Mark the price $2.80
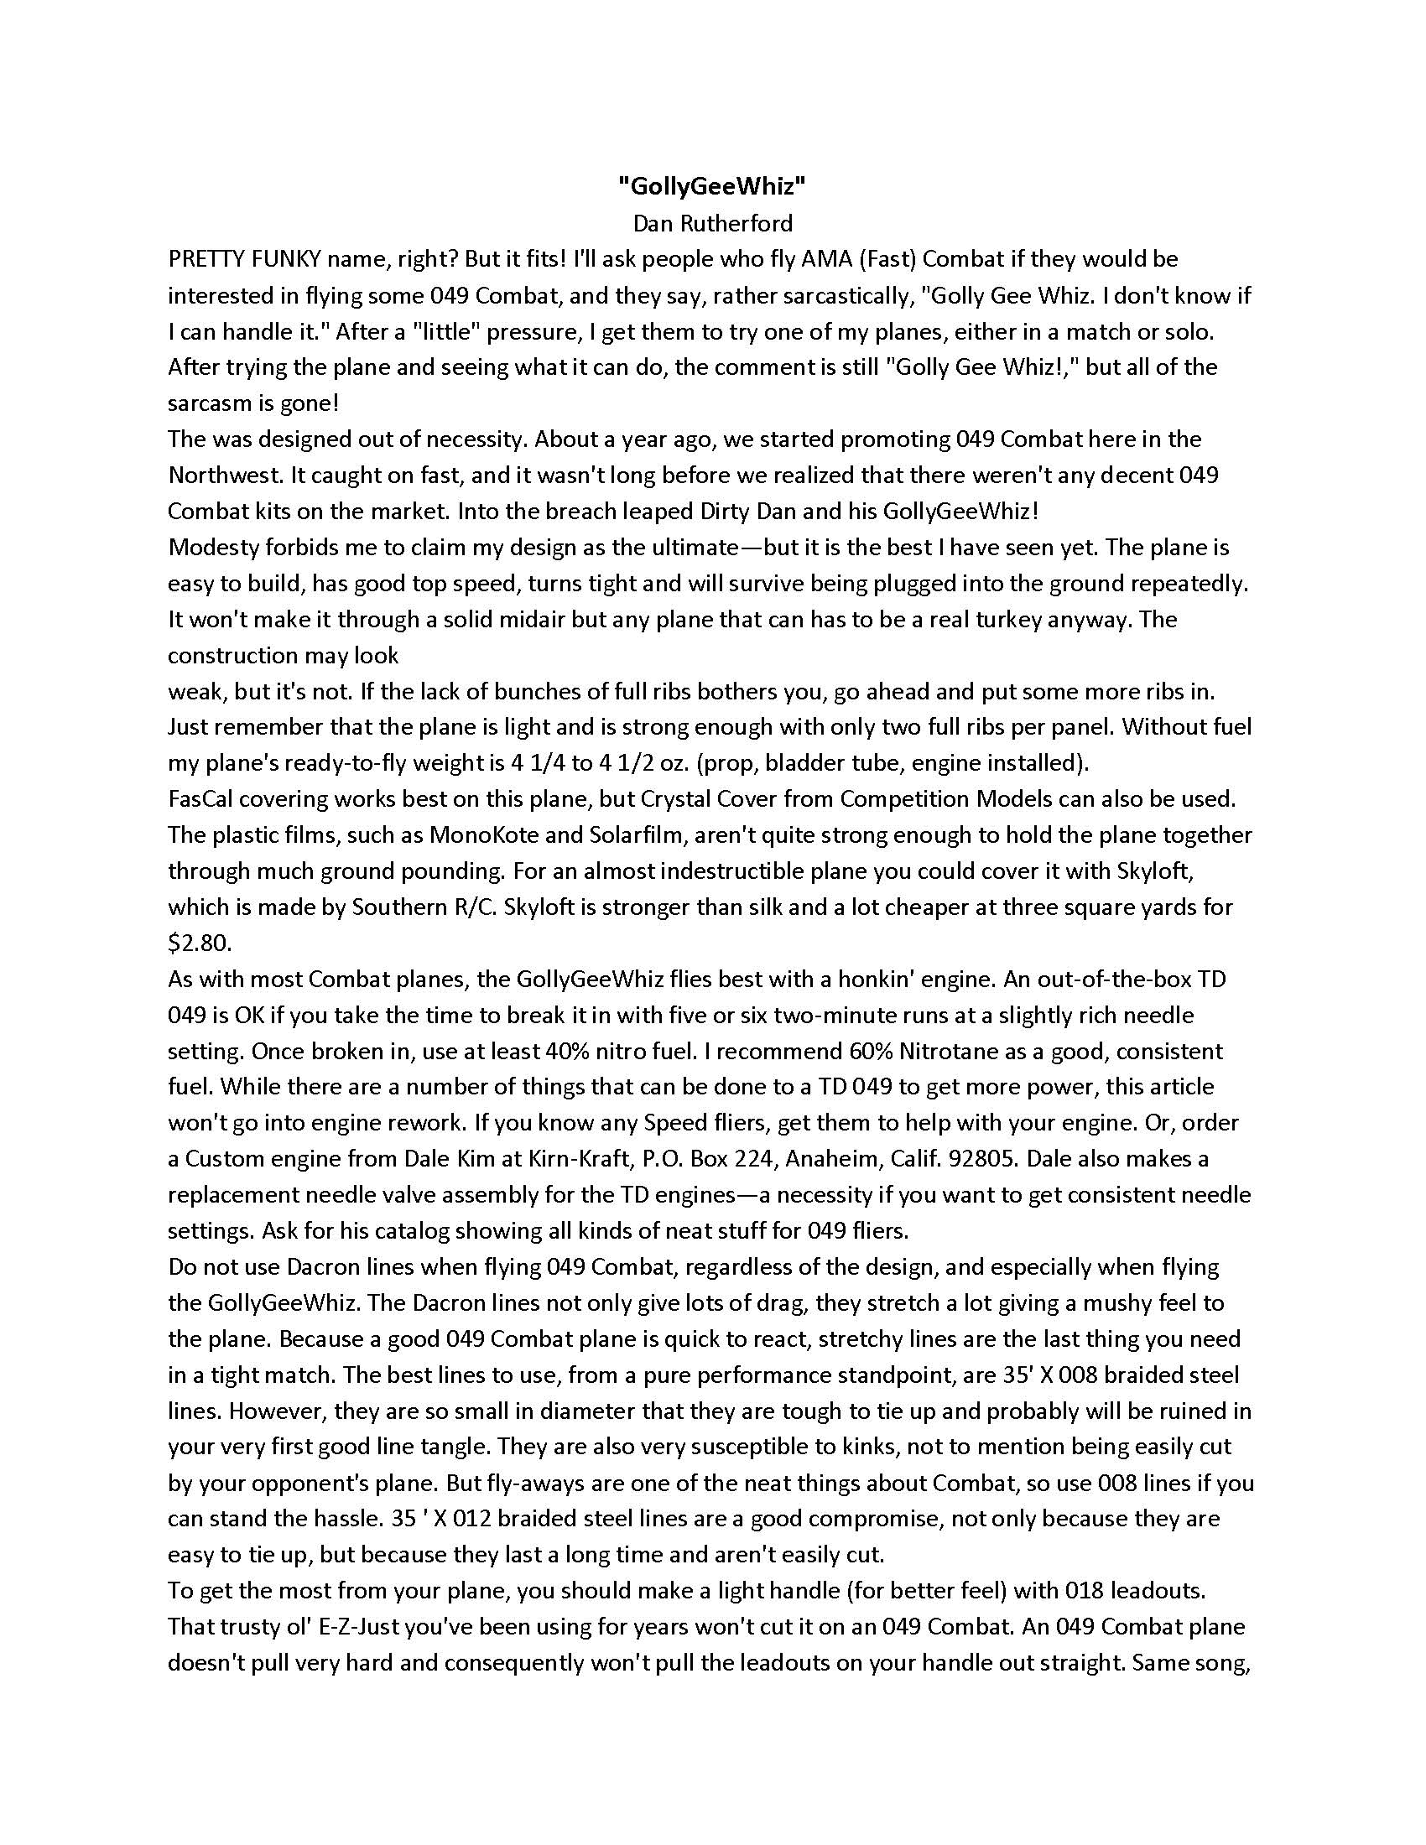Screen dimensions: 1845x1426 pyautogui.click(x=200, y=943)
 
